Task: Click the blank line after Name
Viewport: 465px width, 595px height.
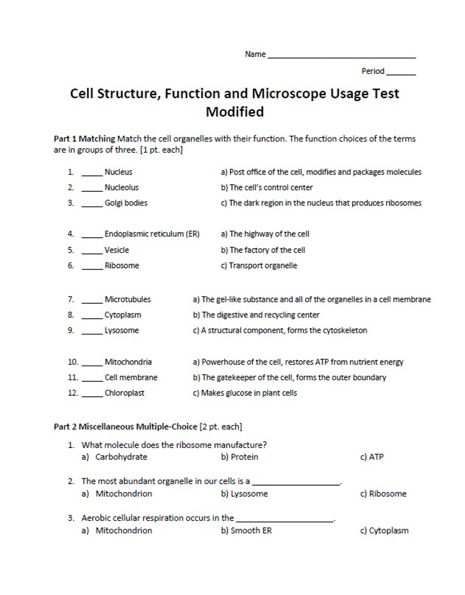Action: [341, 56]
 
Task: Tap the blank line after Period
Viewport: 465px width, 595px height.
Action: [401, 73]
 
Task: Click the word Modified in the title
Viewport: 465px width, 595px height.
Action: [234, 112]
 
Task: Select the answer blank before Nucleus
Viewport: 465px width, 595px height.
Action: [92, 174]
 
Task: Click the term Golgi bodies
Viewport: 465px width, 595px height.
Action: [126, 203]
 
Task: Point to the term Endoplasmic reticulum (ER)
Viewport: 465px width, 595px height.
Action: [152, 234]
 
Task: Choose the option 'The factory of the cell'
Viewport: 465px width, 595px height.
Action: [263, 250]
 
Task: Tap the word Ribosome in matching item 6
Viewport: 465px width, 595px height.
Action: [121, 266]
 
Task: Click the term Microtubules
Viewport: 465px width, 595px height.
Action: [127, 300]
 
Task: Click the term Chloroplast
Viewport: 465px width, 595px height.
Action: [124, 393]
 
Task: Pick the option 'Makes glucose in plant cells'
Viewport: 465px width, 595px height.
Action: [245, 393]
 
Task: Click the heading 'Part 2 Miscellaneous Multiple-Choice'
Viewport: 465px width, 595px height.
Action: [126, 427]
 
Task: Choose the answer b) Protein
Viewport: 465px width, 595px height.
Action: [239, 457]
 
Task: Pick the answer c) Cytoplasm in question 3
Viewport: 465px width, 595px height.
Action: [384, 531]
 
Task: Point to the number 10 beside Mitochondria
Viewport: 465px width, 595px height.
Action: [73, 362]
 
